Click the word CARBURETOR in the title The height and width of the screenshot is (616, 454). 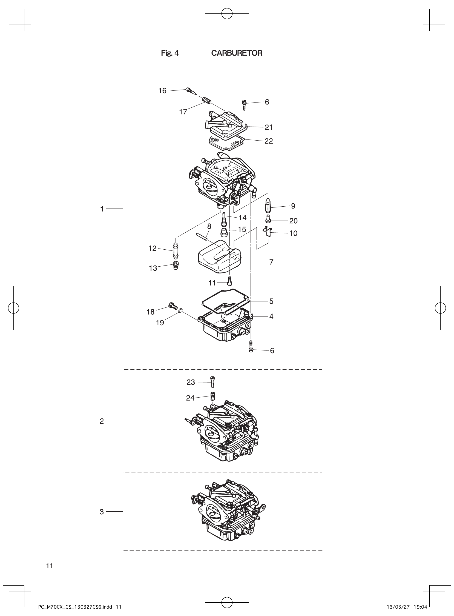[x=237, y=53]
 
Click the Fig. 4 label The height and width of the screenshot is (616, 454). [x=169, y=53]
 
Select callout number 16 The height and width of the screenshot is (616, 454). [x=162, y=91]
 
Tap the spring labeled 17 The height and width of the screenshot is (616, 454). [x=206, y=101]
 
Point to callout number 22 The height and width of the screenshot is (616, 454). [x=269, y=141]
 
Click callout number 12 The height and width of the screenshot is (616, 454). [x=152, y=249]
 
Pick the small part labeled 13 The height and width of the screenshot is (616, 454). [x=175, y=266]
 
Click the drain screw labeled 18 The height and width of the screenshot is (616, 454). [x=172, y=306]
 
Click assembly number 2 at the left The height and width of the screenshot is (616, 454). [x=102, y=421]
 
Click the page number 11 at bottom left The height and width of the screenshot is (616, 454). [x=50, y=565]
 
